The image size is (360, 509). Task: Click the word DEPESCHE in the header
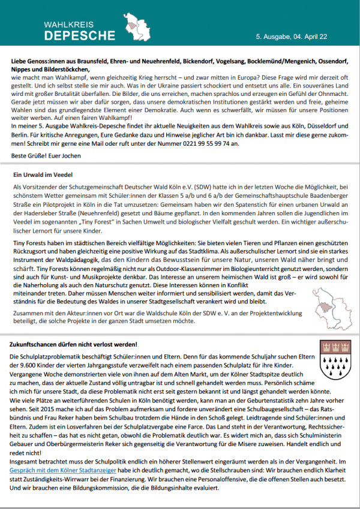tap(79, 35)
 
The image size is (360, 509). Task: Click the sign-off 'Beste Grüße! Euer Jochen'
tap(49, 155)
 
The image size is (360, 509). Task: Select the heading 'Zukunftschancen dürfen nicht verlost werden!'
tap(74, 344)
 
